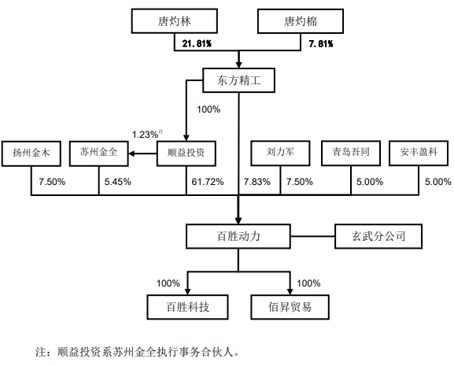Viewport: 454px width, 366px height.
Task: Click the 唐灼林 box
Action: pyautogui.click(x=175, y=20)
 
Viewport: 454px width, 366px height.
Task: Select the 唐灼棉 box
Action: pyautogui.click(x=301, y=20)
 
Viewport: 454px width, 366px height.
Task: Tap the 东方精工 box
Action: pyautogui.click(x=238, y=80)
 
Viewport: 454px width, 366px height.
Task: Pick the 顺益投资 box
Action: pyautogui.click(x=186, y=153)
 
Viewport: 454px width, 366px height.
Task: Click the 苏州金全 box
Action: pyautogui.click(x=98, y=153)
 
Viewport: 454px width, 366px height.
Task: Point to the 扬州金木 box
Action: pyautogui.click(x=31, y=153)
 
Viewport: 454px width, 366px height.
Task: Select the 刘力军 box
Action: pyautogui.click(x=280, y=153)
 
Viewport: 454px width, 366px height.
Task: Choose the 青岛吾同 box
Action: pyautogui.click(x=351, y=153)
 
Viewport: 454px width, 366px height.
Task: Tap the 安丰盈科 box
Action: pyautogui.click(x=419, y=153)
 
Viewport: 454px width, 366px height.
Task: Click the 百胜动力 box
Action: pyautogui.click(x=238, y=236)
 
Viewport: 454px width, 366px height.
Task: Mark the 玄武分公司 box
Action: pyautogui.click(x=378, y=236)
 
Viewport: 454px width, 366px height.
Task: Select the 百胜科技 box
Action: pyautogui.click(x=187, y=307)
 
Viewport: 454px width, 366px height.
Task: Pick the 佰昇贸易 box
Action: pyautogui.click(x=290, y=307)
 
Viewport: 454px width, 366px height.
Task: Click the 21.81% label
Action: pyautogui.click(x=197, y=44)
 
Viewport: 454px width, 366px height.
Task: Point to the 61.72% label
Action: pyautogui.click(x=208, y=182)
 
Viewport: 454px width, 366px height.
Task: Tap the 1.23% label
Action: pyautogui.click(x=145, y=135)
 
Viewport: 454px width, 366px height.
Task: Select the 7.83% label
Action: pyautogui.click(x=257, y=182)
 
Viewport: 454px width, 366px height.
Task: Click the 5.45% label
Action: pyautogui.click(x=117, y=182)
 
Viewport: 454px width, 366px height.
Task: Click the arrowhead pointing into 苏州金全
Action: pyautogui.click(x=131, y=153)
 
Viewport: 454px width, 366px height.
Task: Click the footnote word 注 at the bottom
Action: pyautogui.click(x=41, y=352)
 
